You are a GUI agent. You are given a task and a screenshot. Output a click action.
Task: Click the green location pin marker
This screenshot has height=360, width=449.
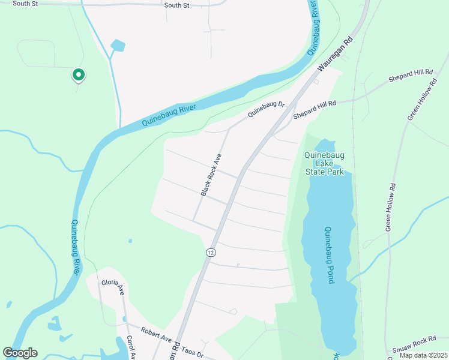[78, 75]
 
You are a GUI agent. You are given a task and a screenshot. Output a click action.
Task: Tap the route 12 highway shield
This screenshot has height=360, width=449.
[210, 252]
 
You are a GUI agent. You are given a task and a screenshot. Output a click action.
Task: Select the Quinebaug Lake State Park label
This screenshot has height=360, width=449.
[324, 163]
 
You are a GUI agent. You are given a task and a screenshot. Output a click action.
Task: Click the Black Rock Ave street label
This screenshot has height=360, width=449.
[211, 175]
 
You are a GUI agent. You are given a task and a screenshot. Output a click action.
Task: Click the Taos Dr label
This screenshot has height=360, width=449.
[193, 355]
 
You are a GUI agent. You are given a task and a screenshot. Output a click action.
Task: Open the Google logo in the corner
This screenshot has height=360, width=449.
[20, 353]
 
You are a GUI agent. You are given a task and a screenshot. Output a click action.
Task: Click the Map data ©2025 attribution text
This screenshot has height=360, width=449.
[423, 355]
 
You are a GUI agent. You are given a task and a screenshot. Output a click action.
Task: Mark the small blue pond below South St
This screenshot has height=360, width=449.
[118, 45]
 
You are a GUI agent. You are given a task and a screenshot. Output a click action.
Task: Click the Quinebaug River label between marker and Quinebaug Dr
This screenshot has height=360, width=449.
[170, 113]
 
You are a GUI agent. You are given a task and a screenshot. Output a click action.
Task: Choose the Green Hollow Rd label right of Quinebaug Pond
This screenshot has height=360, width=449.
[391, 207]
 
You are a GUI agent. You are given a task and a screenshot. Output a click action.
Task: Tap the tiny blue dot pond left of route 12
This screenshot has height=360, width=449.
[130, 241]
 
